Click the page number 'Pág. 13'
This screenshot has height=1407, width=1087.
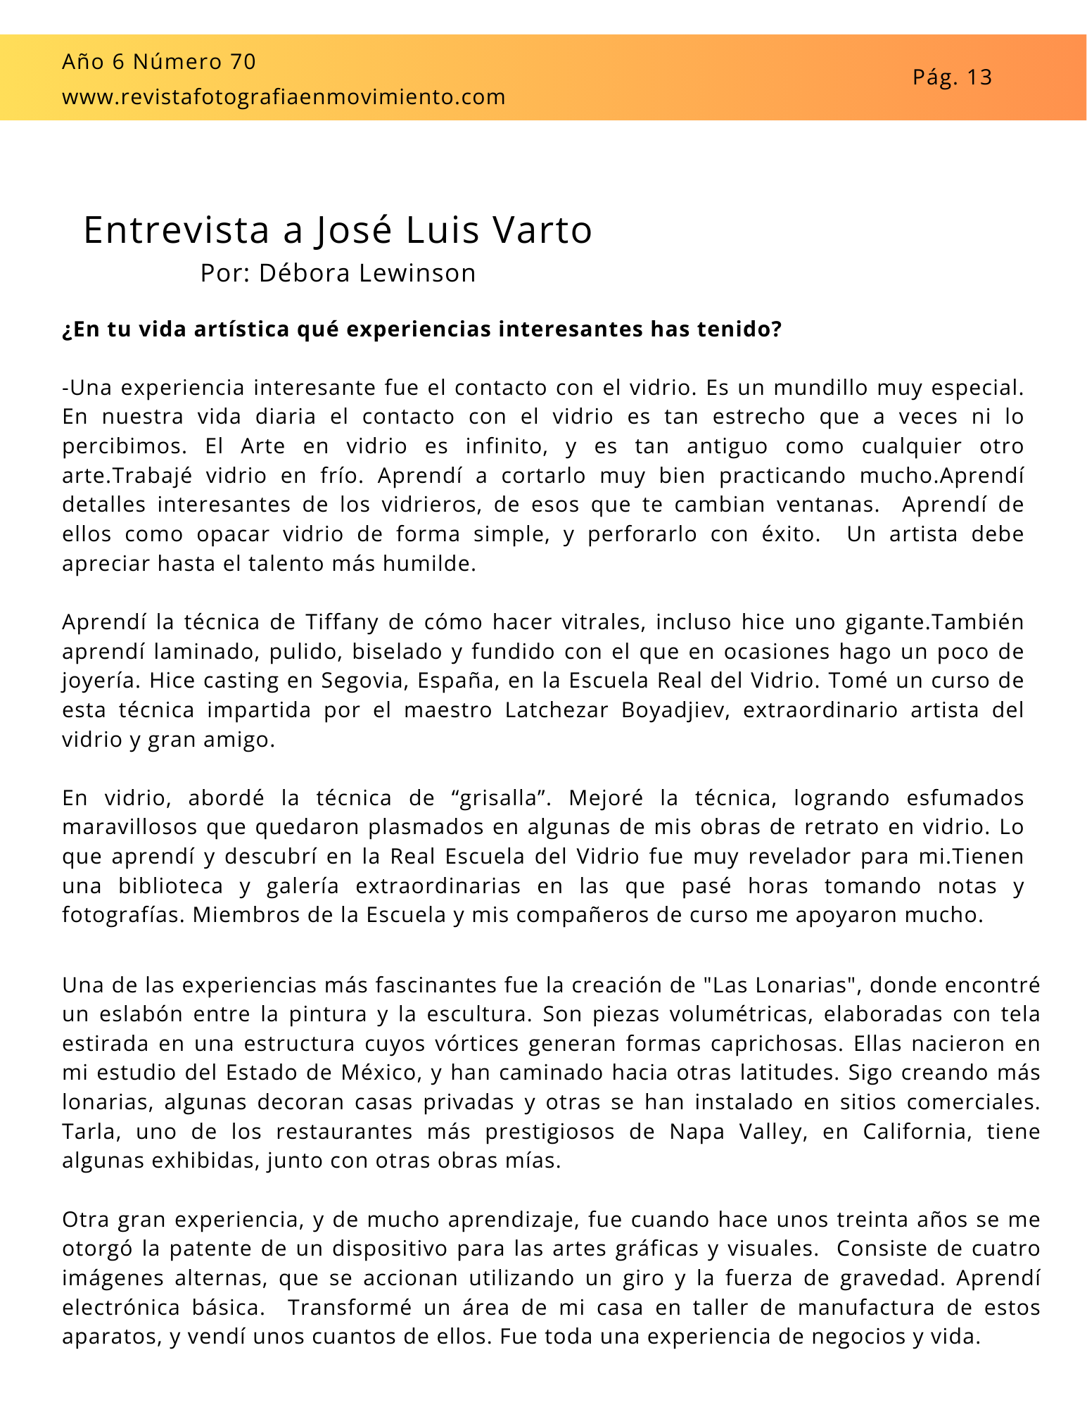click(952, 77)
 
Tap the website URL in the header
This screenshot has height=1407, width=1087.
click(284, 97)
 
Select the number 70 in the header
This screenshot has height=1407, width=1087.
click(243, 62)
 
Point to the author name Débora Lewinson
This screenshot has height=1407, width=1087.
click(367, 273)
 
